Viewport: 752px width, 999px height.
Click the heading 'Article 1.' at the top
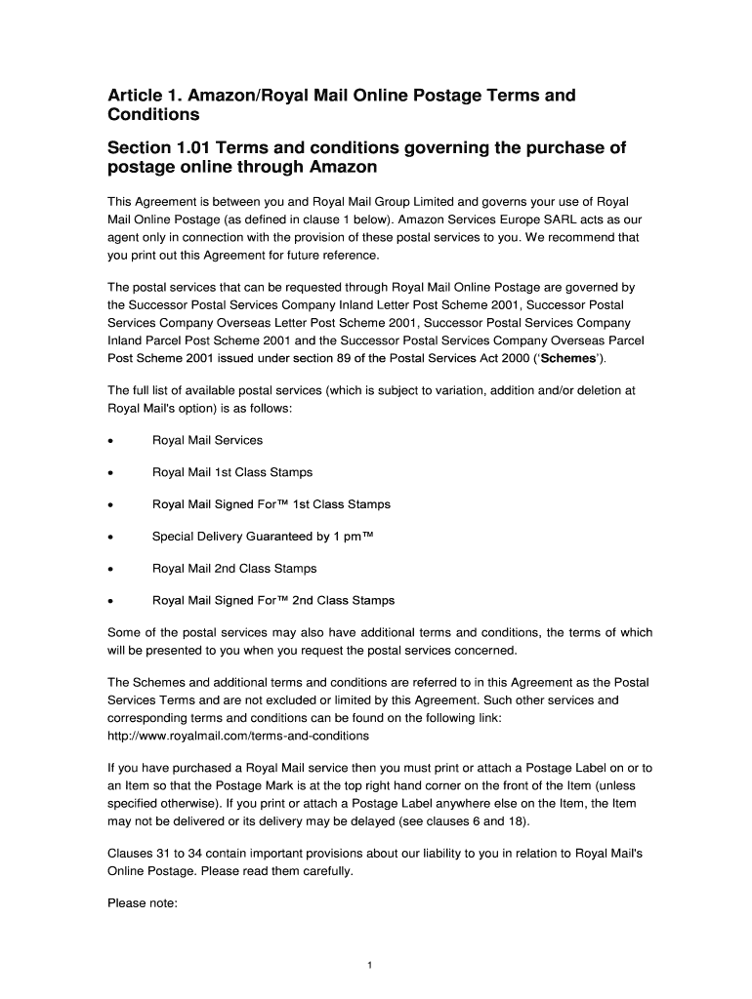(x=147, y=96)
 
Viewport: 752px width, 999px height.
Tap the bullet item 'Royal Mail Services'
(x=207, y=441)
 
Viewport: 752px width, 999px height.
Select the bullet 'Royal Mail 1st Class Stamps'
(x=232, y=473)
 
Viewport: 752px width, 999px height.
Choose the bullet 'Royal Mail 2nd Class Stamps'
(x=234, y=569)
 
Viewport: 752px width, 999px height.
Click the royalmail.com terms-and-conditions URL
(x=238, y=736)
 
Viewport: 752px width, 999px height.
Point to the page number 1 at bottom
(x=370, y=966)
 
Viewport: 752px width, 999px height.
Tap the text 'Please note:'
(x=142, y=903)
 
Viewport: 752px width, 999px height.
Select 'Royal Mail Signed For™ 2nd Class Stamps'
(x=273, y=601)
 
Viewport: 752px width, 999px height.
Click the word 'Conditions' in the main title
(x=153, y=115)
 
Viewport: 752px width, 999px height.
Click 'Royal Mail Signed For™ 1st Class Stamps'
(x=272, y=505)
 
